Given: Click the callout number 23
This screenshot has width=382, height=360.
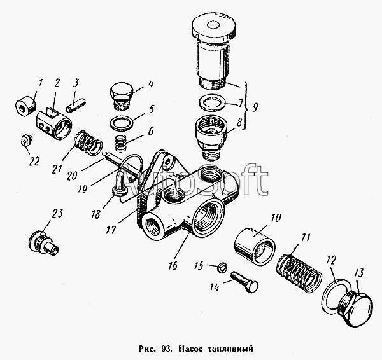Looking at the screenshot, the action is point(57,214).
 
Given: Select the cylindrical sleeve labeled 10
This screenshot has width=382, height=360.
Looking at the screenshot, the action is point(255,246).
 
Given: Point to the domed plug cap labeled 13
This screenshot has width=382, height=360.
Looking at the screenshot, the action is point(356,308).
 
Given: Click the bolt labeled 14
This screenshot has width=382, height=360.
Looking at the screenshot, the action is point(244,282).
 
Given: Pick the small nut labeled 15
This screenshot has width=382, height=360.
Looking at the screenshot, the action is point(222,268).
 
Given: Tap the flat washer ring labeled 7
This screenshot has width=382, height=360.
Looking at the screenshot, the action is point(211,103).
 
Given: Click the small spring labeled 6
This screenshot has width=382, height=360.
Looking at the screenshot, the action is point(120,143).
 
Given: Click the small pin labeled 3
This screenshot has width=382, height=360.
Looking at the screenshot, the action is point(76,105).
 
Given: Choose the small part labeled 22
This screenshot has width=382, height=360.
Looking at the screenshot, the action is point(26,140).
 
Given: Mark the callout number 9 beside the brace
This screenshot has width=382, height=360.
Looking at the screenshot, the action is point(255,107).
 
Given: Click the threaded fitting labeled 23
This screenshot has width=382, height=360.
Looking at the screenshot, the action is point(43,242).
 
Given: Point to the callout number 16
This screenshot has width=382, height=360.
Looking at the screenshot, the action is point(173,266).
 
